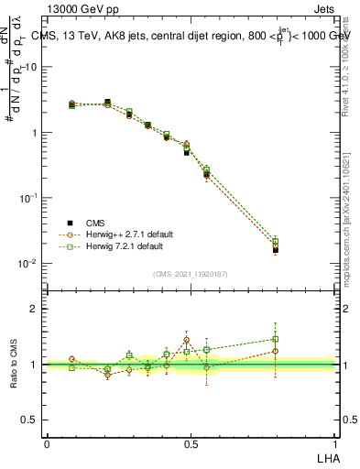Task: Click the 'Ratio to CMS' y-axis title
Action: coord(15,365)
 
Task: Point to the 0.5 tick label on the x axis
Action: coord(191,443)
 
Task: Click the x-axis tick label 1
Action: coord(334,443)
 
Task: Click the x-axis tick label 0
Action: coord(47,443)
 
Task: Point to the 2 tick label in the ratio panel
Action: coord(34,309)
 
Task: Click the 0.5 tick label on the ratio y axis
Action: coord(29,420)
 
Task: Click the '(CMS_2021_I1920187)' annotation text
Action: coord(191,272)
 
